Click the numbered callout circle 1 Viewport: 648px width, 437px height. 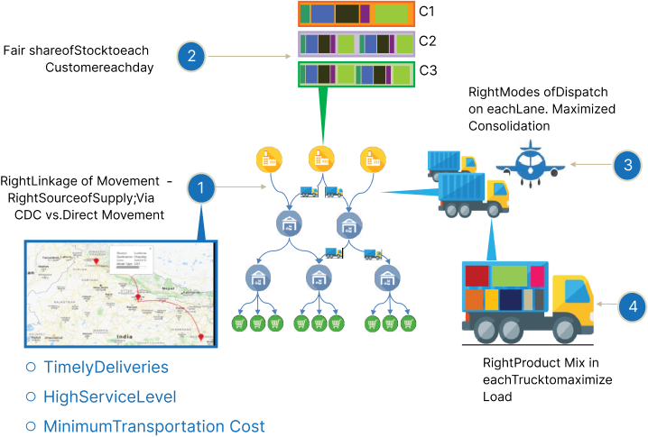pos(201,187)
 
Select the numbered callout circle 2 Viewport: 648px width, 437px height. pos(190,58)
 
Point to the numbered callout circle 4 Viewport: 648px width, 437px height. pos(633,307)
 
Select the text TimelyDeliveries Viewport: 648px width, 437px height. pos(106,368)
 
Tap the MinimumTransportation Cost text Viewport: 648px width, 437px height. pos(153,425)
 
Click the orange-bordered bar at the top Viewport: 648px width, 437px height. pos(356,14)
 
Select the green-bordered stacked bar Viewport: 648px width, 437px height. pos(356,74)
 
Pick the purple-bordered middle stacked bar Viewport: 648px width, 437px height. pos(356,44)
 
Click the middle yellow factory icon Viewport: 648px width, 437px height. pos(320,159)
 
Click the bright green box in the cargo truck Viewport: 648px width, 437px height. pos(510,277)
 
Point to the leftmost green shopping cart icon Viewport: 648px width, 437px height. pos(239,323)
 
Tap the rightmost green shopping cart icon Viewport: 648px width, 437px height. pos(407,323)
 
